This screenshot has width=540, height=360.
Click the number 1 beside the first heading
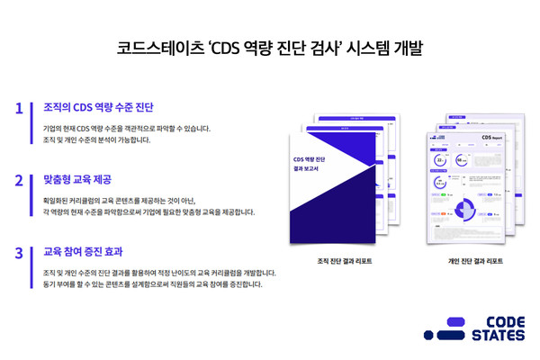tap(19, 108)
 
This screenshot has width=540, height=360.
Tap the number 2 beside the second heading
tap(19, 180)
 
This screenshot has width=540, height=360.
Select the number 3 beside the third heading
tap(19, 252)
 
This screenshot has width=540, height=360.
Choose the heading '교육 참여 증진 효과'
tap(84, 252)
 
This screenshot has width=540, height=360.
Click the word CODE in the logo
tap(502, 321)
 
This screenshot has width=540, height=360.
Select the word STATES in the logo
tap(502, 336)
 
